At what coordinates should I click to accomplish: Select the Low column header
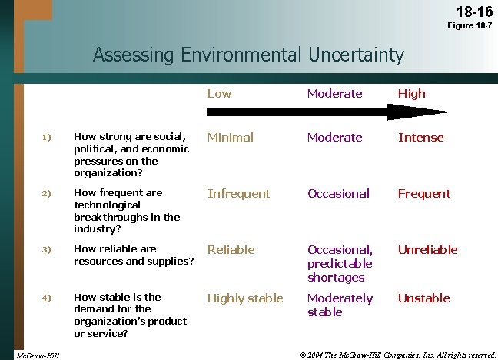[x=219, y=93]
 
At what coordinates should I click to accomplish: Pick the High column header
[x=411, y=93]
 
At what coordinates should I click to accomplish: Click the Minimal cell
[x=230, y=137]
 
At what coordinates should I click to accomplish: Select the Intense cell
[x=420, y=137]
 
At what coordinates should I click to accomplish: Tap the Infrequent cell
[x=238, y=193]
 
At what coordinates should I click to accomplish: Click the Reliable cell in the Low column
[x=231, y=249]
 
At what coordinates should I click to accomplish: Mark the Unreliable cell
[x=427, y=249]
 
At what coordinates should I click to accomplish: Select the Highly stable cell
[x=245, y=298]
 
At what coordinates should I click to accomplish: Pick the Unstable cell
[x=423, y=298]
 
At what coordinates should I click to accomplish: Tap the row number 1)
[x=46, y=137]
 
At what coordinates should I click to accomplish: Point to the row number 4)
[x=46, y=298]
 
